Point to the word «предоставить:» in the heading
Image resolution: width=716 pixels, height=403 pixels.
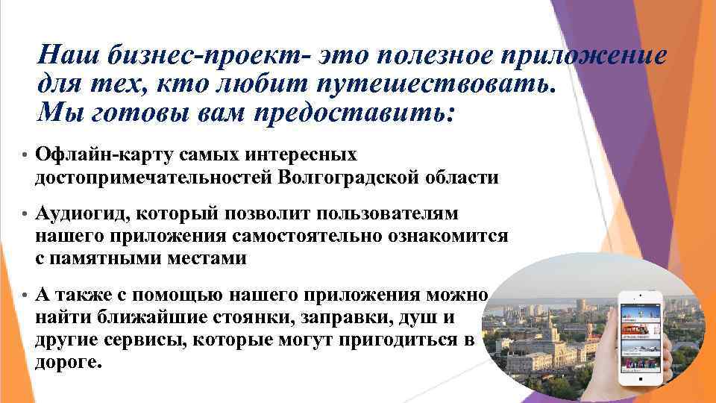click(355, 112)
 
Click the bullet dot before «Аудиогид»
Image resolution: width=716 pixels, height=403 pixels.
click(25, 215)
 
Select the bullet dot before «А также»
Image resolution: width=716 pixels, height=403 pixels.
click(25, 296)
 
